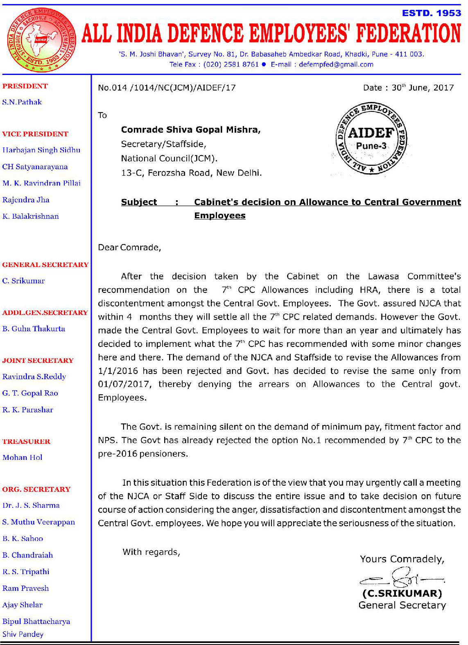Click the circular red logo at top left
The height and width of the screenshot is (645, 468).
41,40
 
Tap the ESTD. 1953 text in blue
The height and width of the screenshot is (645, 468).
432,13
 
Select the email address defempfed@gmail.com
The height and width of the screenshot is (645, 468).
336,64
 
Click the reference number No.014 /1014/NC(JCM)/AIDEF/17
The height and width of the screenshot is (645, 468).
167,88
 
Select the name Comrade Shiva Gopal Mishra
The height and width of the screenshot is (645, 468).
190,130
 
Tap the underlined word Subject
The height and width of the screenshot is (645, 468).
139,202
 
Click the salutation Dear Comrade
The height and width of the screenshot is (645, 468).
129,247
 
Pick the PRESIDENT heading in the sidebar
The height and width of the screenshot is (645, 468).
25,86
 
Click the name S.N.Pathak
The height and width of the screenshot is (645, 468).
22,102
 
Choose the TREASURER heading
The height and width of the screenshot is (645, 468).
26,441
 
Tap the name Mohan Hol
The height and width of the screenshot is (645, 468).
23,457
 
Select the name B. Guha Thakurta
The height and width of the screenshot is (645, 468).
34,328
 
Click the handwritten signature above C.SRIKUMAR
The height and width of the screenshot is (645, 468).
401,578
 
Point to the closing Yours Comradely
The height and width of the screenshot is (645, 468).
402,559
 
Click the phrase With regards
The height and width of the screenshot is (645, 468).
151,552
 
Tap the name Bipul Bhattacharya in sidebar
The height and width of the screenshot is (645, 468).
36,621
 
